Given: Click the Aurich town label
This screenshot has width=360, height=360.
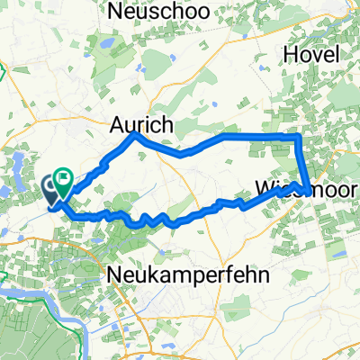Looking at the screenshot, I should tap(141, 125).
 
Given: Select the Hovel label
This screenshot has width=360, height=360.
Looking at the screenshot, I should tap(310, 55).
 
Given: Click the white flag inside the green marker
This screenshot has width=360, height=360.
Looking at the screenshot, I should tap(64, 178).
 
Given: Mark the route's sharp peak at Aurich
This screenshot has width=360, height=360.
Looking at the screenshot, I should tap(135, 134).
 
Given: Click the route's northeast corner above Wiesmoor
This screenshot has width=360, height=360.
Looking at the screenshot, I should tap(298, 135).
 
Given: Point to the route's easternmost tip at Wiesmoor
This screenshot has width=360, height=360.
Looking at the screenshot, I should tap(309, 189).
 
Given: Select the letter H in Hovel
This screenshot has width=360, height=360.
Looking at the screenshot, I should tap(290, 55).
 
